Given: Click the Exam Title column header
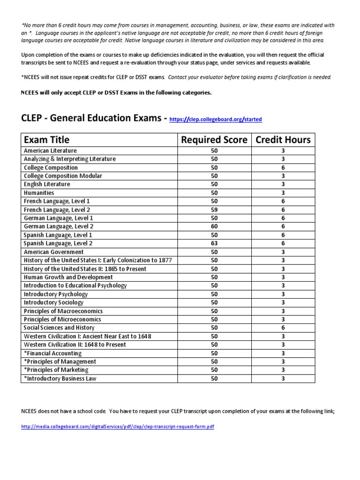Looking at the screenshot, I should (x=46, y=139).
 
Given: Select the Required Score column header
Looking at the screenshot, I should (x=214, y=139).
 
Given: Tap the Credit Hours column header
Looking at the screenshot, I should (x=283, y=139).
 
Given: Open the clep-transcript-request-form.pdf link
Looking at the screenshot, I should (x=118, y=427).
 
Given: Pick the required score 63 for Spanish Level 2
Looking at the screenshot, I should (x=214, y=243).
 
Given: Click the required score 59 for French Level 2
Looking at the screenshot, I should (x=214, y=210).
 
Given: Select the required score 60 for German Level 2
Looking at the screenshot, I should (x=214, y=226).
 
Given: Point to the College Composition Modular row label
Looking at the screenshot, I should (x=63, y=176).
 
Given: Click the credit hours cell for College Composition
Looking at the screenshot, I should (x=283, y=167).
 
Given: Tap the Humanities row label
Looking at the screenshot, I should (x=39, y=193).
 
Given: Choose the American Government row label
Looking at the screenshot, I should (x=54, y=252).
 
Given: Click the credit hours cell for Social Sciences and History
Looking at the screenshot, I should (x=283, y=328).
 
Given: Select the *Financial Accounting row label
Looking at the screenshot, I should (x=52, y=353).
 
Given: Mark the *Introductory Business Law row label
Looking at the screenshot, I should (x=60, y=378).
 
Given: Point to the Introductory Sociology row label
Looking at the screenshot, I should (x=54, y=302).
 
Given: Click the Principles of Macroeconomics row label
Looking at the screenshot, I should (x=63, y=311).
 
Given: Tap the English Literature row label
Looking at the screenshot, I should (x=47, y=184).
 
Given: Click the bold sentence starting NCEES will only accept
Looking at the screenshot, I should (x=116, y=92).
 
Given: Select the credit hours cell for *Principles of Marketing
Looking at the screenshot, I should (x=283, y=370).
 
